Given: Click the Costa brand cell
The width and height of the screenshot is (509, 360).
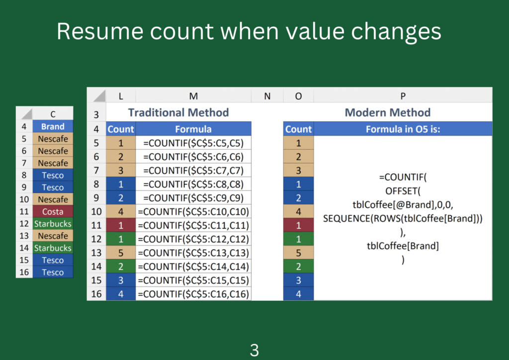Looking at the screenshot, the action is (x=53, y=212).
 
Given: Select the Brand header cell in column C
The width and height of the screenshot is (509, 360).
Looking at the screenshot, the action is (x=53, y=126).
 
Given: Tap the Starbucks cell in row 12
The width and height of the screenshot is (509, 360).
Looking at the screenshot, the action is (x=53, y=224).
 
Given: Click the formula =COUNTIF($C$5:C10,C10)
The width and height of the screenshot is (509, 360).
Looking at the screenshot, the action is (x=193, y=212).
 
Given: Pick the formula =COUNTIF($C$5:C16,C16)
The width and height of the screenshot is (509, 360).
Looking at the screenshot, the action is (x=193, y=294).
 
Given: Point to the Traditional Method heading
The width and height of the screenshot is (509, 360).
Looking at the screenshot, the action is (x=178, y=112).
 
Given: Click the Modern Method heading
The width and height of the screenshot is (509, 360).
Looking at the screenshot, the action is (x=388, y=112).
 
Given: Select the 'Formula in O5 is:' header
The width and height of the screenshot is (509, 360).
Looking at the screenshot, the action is (x=403, y=129).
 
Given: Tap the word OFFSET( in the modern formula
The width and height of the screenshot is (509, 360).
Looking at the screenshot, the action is (x=403, y=191).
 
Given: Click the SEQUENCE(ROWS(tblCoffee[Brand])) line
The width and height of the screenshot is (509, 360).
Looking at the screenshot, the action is (x=403, y=218).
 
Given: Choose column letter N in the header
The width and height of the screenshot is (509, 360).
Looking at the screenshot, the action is (x=267, y=96).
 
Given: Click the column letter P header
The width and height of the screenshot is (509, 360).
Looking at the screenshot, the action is (x=403, y=96).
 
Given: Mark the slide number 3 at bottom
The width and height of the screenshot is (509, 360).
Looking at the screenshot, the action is (x=254, y=350).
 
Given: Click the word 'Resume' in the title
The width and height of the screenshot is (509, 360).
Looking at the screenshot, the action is (x=100, y=31).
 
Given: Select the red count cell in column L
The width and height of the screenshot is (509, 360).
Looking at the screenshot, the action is (x=121, y=225).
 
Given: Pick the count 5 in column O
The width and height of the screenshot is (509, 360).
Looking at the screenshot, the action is (x=298, y=253).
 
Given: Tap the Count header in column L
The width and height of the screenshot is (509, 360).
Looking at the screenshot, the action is (x=121, y=129).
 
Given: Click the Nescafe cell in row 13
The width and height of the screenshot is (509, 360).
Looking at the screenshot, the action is (x=53, y=236).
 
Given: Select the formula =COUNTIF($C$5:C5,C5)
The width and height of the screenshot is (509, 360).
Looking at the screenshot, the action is (x=193, y=143).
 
